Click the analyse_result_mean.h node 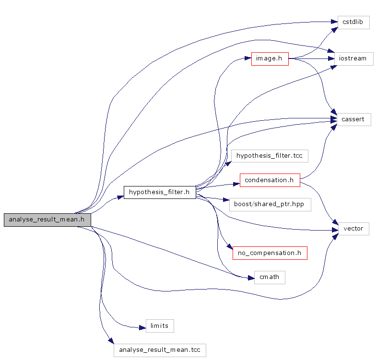tap(47, 220)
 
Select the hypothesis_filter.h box tap(160, 192)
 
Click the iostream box tap(353, 58)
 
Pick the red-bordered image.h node tap(270, 58)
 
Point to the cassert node tap(353, 119)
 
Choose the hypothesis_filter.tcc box tap(269, 156)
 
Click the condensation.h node tap(270, 180)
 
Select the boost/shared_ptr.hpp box tap(270, 204)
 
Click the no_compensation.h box tap(270, 253)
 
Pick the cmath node tap(269, 277)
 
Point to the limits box tap(159, 326)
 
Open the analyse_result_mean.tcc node tap(160, 350)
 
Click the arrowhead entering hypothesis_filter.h tap(120, 197)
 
